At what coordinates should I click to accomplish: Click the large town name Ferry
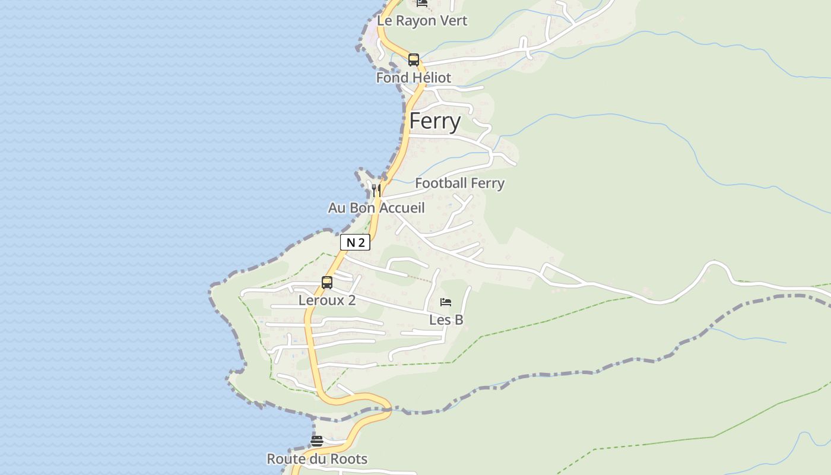[434, 121]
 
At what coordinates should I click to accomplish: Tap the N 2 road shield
[355, 242]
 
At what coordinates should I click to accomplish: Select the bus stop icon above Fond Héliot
[414, 60]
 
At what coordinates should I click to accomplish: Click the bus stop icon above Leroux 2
[327, 283]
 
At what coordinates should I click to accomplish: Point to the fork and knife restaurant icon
[376, 189]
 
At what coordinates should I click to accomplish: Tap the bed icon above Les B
[446, 302]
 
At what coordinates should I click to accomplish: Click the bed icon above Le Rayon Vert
[421, 3]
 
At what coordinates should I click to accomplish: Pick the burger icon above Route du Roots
[317, 441]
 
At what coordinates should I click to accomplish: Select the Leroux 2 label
[327, 300]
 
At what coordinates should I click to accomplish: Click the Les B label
[446, 320]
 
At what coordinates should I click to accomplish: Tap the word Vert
[454, 21]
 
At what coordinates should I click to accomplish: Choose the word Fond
[392, 78]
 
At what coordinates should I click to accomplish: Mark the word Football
[441, 183]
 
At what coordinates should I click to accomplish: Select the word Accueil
[402, 208]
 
